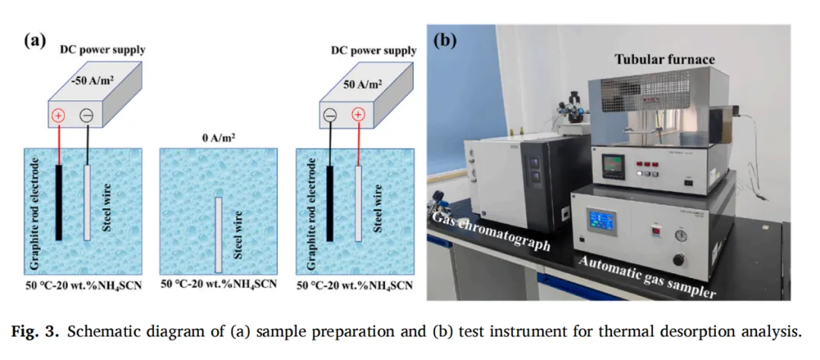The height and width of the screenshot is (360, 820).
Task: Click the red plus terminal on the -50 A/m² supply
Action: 59,116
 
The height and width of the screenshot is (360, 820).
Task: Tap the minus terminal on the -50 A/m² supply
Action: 87,116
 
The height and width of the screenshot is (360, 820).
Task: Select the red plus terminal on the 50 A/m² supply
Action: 358,116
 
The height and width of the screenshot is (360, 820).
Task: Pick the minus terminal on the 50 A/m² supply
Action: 330,116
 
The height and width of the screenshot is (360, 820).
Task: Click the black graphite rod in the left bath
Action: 58,202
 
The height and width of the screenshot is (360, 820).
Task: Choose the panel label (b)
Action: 445,40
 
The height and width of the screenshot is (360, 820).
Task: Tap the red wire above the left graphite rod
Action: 59,144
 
